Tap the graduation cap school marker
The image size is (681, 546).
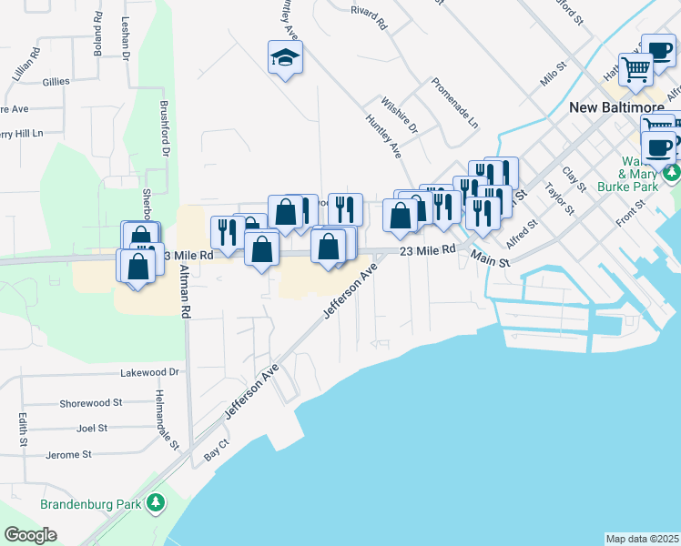(x=285, y=58)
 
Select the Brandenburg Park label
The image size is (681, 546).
(x=93, y=502)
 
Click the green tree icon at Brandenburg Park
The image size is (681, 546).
(x=156, y=501)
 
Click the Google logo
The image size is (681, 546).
(x=31, y=534)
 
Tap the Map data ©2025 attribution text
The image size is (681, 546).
(x=643, y=539)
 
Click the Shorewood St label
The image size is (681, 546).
(x=90, y=402)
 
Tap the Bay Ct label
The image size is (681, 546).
(x=216, y=451)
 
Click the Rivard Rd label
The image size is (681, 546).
(x=368, y=15)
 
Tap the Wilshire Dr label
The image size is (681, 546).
(x=398, y=115)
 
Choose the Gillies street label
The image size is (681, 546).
(x=56, y=81)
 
